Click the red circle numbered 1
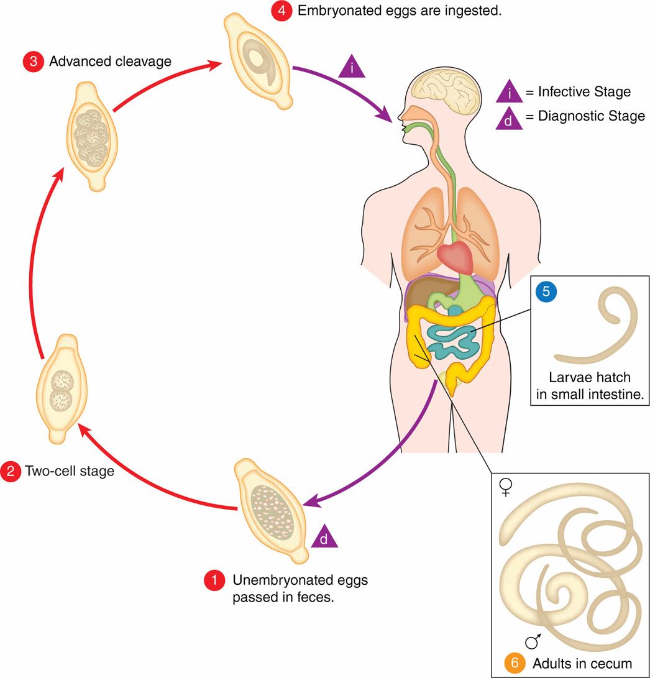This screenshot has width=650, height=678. click(x=214, y=581)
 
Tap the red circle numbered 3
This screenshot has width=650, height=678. click(x=32, y=62)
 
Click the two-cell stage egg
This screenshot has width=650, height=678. click(x=62, y=389)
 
